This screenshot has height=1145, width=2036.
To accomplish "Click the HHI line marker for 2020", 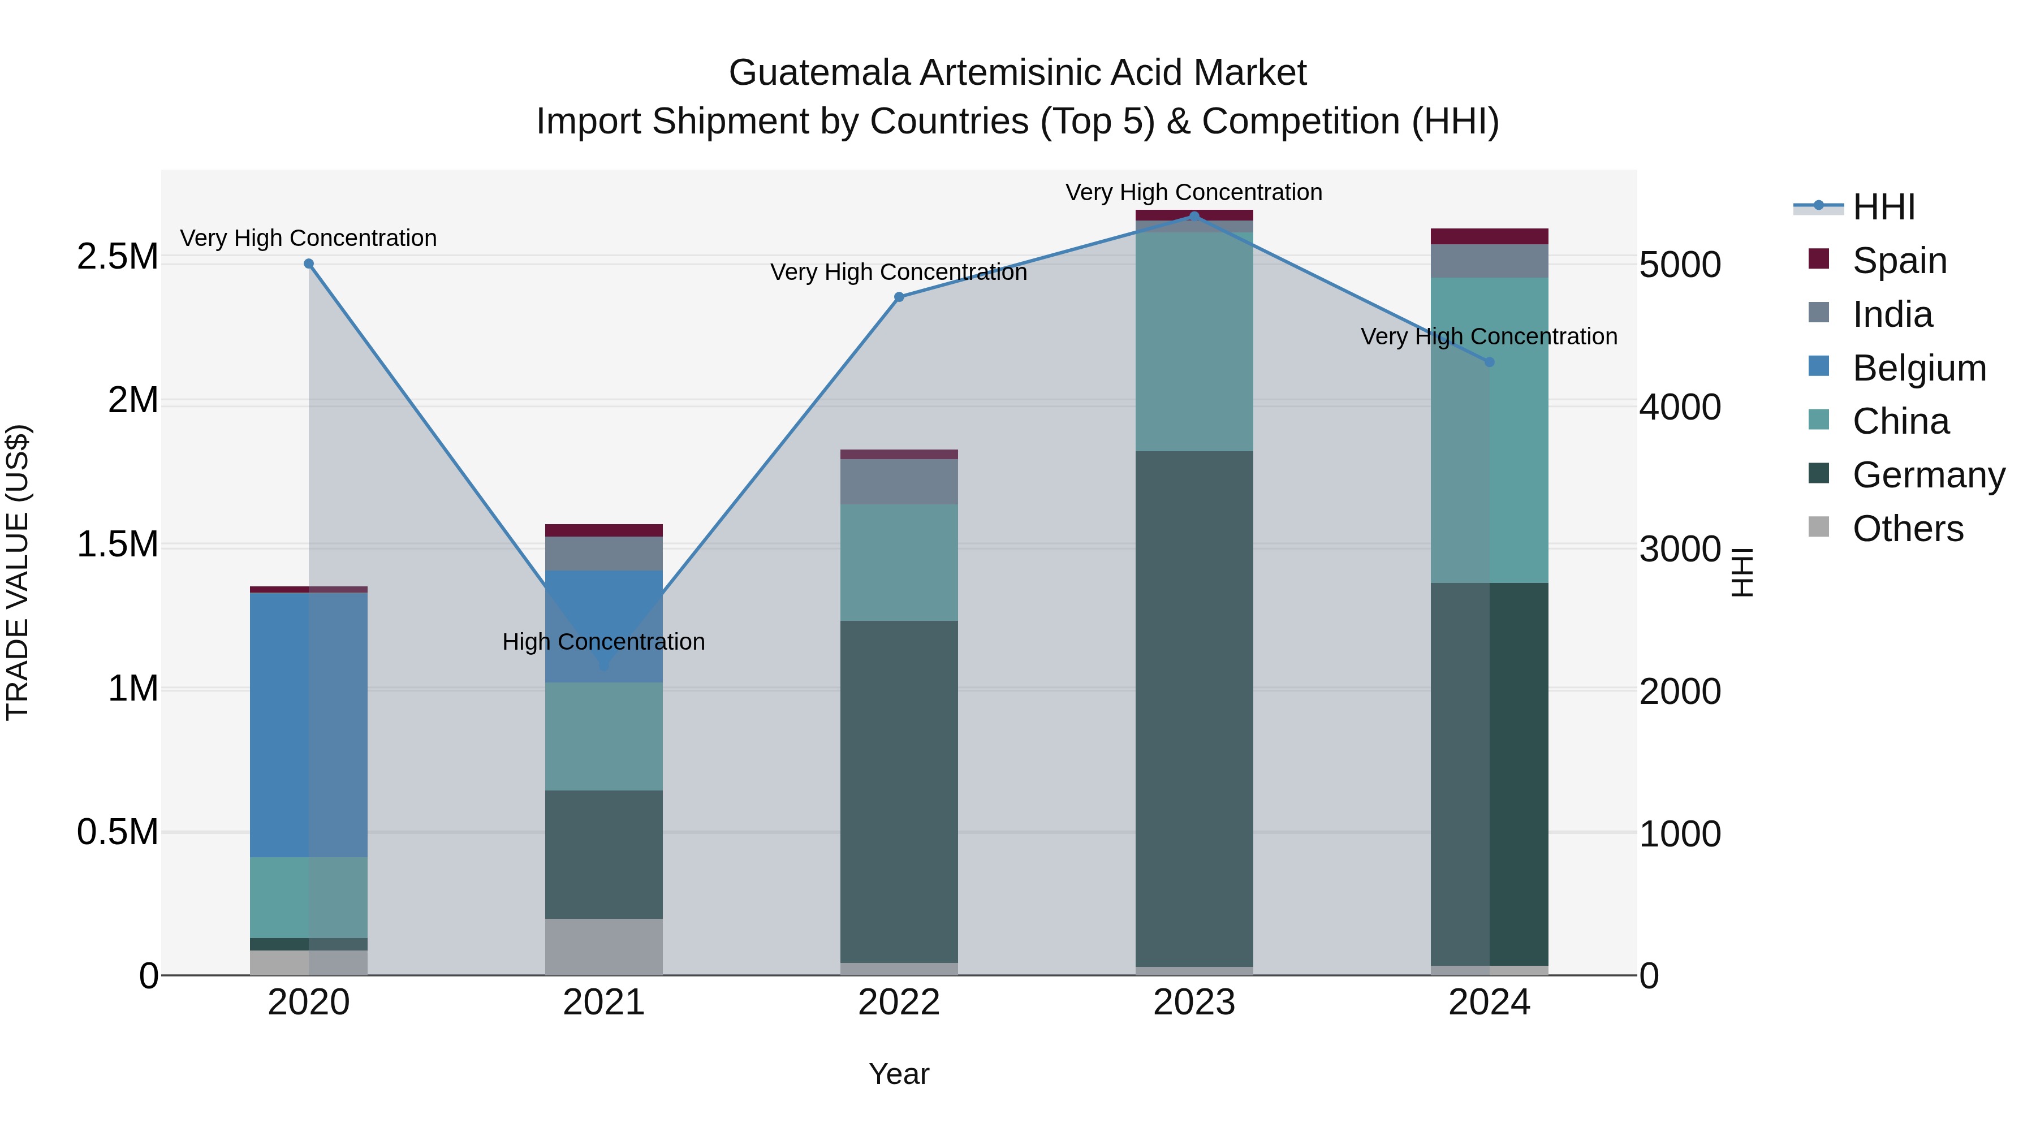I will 308,264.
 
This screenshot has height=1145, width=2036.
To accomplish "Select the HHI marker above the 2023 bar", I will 1194,216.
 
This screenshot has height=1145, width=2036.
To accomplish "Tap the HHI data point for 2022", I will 899,297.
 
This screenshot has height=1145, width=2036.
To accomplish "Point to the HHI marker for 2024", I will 1489,362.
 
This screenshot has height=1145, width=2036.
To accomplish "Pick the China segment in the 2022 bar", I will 899,562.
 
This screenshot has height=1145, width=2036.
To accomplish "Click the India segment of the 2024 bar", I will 1489,261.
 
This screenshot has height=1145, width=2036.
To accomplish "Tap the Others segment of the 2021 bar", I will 604,946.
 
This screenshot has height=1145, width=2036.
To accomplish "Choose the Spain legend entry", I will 1899,261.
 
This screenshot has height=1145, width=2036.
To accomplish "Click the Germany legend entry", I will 1929,475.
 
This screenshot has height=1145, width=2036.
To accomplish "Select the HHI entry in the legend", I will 1883,207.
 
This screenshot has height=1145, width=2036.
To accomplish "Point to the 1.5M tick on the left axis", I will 118,545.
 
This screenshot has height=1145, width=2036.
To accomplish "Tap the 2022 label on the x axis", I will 899,1002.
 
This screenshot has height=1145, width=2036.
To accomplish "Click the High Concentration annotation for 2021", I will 604,642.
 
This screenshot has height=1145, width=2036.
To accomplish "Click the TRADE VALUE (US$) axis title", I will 18,572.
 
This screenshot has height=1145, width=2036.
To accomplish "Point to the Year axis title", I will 899,1074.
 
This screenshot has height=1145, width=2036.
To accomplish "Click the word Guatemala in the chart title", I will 819,73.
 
